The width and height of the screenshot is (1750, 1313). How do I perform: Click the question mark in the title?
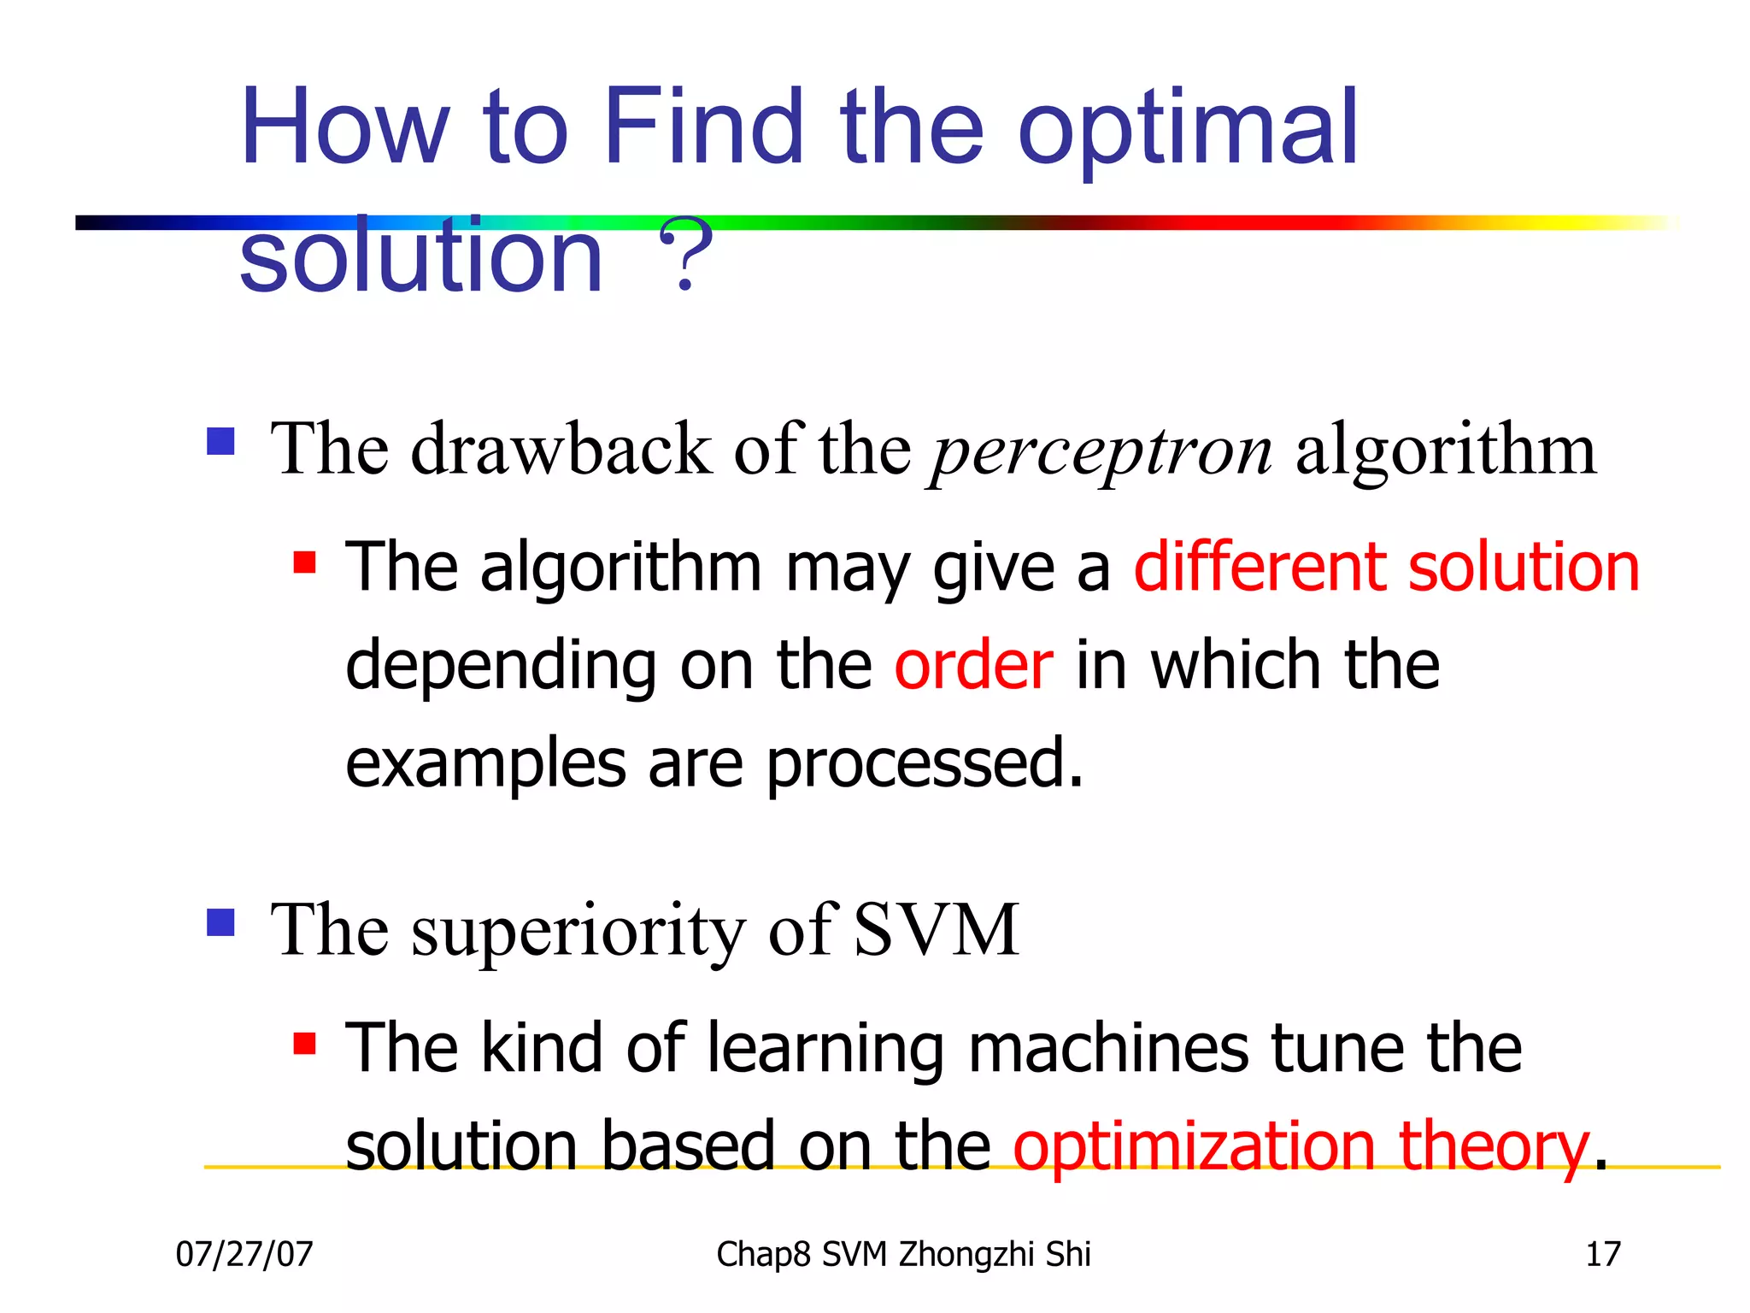click(x=684, y=254)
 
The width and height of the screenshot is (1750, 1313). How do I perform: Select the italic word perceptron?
click(x=1101, y=451)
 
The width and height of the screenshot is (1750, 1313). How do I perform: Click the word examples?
click(x=485, y=763)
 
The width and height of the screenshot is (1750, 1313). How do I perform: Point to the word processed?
click(x=924, y=763)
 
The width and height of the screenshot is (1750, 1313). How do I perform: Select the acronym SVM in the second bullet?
click(x=936, y=929)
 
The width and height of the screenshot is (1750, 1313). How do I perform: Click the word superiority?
click(x=578, y=932)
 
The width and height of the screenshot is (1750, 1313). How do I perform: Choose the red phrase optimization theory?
click(x=1300, y=1147)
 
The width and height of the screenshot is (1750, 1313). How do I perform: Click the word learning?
click(x=825, y=1050)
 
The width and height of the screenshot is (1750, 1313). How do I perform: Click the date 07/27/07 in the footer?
click(x=244, y=1255)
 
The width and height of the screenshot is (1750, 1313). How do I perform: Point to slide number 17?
click(x=1602, y=1255)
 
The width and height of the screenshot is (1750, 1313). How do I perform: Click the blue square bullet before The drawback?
click(x=220, y=442)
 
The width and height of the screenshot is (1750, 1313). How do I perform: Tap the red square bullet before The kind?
click(x=304, y=1044)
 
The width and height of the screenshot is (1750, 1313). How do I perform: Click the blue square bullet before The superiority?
click(x=220, y=922)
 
